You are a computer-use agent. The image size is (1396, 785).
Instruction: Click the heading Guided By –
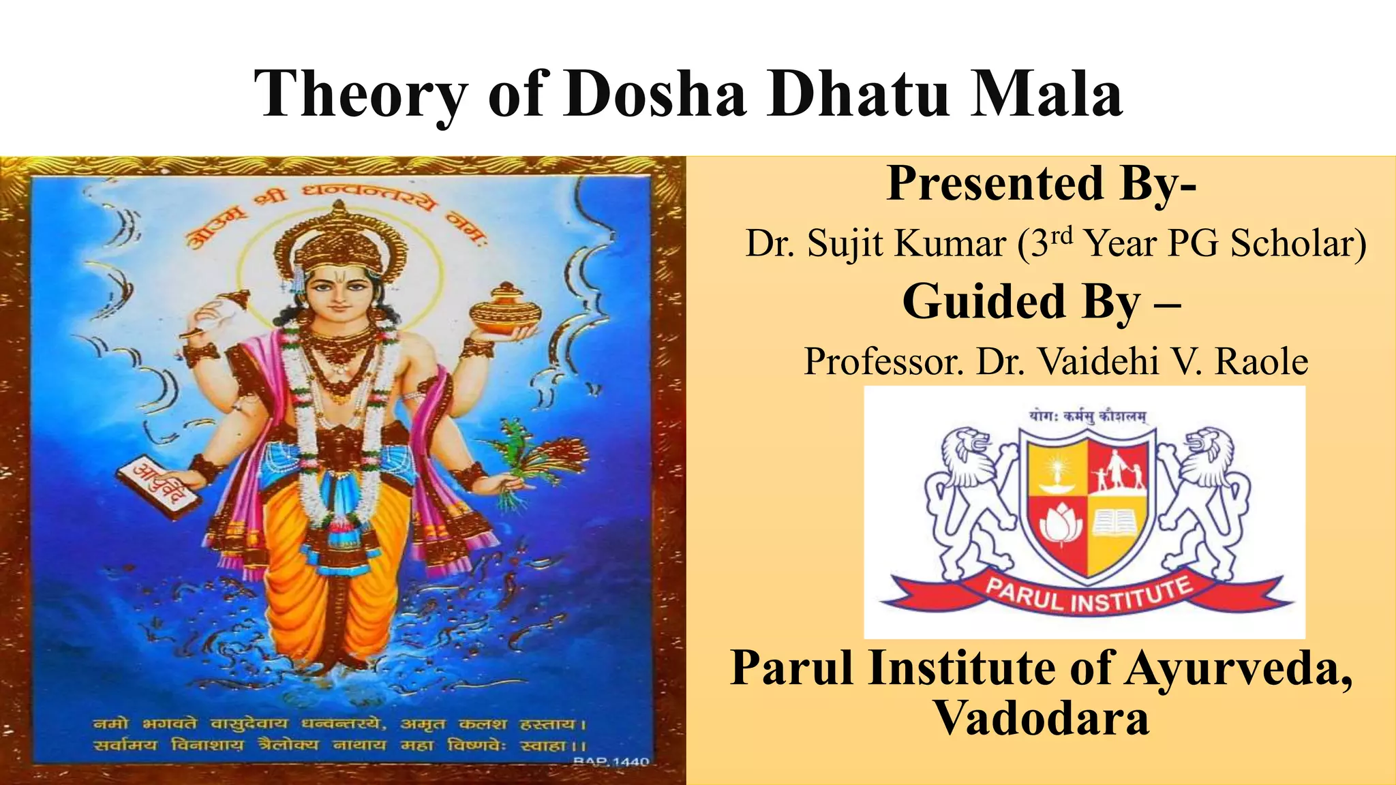click(x=1041, y=301)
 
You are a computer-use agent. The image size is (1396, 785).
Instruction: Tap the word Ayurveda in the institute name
click(x=1237, y=668)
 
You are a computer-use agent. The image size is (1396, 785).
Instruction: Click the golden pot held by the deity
click(x=505, y=310)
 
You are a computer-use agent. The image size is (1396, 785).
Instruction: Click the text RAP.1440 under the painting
click(x=611, y=761)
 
